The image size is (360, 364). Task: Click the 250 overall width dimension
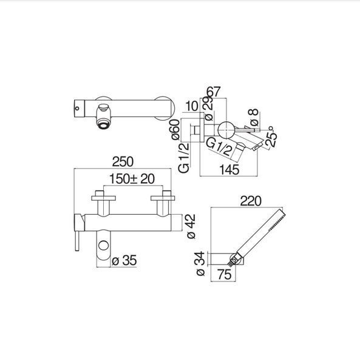[x=123, y=162]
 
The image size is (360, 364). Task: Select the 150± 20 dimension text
[x=132, y=179]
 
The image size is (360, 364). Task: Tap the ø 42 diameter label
[x=191, y=226]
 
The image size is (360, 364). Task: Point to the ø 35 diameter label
[x=124, y=260]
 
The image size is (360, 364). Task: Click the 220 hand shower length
[x=251, y=201]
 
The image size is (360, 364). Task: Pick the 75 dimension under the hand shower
[x=225, y=274]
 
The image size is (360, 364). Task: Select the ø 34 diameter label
[x=200, y=263]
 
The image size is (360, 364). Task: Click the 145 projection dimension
[x=229, y=170]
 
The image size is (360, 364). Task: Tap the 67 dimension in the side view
[x=213, y=92]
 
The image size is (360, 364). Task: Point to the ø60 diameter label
[x=175, y=130]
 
